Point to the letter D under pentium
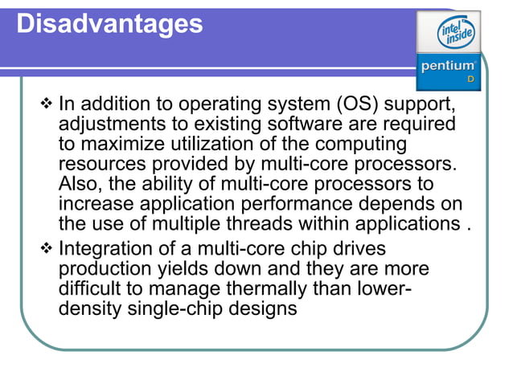pyautogui.click(x=471, y=79)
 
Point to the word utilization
pyautogui.click(x=228, y=144)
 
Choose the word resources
pyautogui.click(x=110, y=164)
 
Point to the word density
pyautogui.click(x=90, y=308)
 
